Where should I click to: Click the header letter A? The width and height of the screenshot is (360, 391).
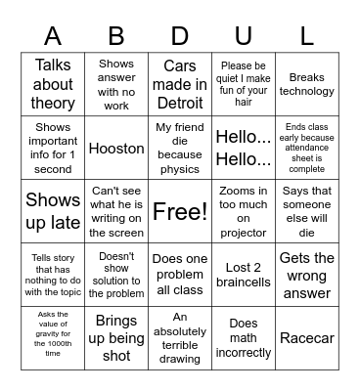click(x=53, y=37)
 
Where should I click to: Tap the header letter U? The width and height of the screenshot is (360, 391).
click(x=244, y=37)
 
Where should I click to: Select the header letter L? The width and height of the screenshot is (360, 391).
click(x=306, y=37)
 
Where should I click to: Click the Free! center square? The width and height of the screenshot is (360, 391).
click(x=179, y=210)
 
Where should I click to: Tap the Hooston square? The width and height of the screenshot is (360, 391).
click(x=116, y=149)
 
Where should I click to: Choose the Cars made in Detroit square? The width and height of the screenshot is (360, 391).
click(x=179, y=86)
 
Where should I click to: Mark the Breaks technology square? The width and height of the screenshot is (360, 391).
click(x=306, y=86)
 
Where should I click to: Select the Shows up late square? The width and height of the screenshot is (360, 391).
click(x=53, y=210)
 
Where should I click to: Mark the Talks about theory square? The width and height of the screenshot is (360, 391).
click(x=53, y=86)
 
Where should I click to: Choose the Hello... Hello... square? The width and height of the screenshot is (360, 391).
click(x=244, y=149)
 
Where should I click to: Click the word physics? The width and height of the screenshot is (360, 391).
click(x=179, y=168)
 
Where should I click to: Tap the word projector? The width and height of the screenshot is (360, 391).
click(x=244, y=233)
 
